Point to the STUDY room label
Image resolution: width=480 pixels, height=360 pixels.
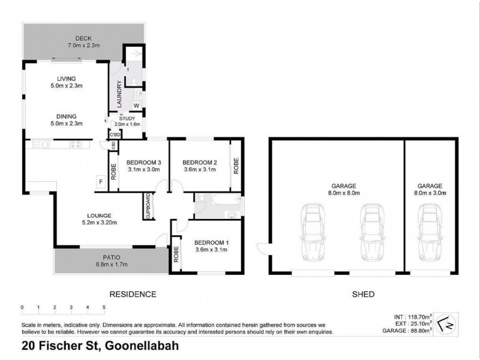pos(127,118)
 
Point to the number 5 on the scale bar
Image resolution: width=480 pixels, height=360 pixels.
pos(104,307)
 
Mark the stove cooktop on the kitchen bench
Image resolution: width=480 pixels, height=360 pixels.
pos(77,144)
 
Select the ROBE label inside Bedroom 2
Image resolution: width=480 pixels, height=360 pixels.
pos(236,165)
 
